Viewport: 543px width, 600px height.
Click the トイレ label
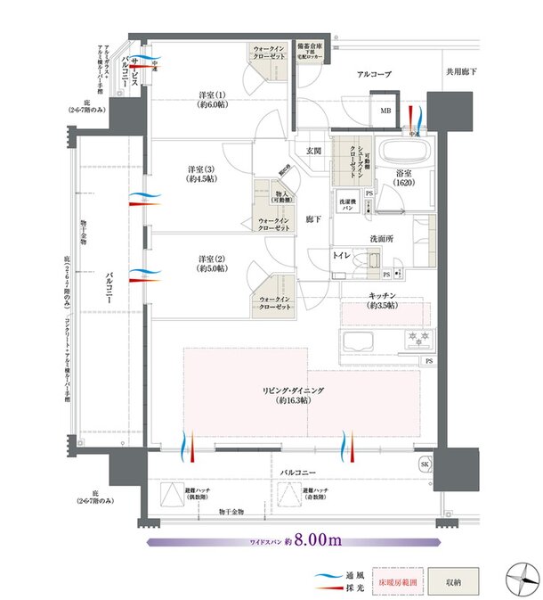(342, 256)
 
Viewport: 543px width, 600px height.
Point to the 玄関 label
(312, 151)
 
